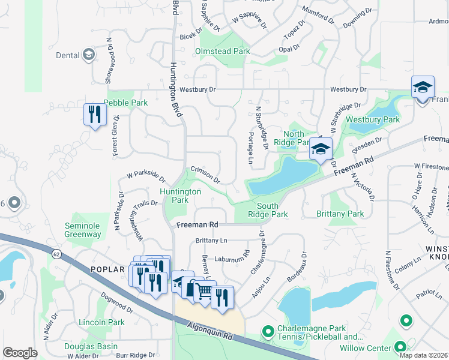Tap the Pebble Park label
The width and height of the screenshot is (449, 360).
[125, 103]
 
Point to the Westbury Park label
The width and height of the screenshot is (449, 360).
[372, 120]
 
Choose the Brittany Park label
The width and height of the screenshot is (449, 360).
[340, 214]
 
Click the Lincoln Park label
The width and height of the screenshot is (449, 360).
[101, 323]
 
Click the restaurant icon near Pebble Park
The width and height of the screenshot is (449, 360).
[95, 114]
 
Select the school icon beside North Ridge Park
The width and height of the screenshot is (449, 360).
[321, 148]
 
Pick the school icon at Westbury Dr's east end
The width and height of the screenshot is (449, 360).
[422, 87]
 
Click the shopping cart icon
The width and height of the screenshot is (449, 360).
[205, 292]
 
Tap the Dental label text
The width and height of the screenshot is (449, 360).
[68, 56]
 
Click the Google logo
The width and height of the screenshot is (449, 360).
[20, 353]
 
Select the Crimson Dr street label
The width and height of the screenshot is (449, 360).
[205, 175]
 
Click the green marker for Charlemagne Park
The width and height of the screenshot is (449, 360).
[268, 330]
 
